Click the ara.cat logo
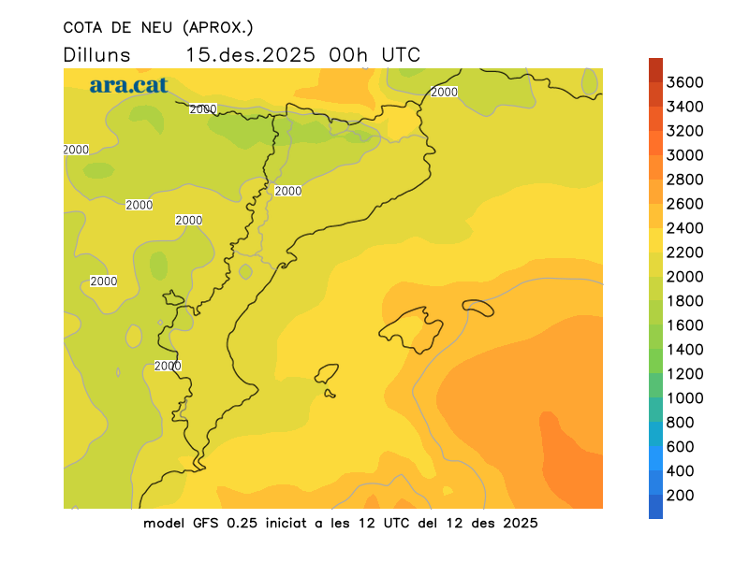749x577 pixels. coord(128,85)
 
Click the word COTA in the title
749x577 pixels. coord(85,26)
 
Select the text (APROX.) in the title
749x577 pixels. coord(218,26)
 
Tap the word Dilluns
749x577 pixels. coord(96,54)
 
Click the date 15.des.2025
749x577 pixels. coord(251,54)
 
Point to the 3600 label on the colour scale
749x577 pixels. coord(685,82)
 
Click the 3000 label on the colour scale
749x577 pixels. coord(685,155)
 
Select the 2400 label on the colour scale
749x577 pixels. coord(685,228)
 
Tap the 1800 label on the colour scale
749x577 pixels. coord(685,301)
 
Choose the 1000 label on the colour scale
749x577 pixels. coord(685,398)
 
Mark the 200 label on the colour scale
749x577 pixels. coord(681,496)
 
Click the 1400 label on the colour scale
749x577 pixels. coord(685,350)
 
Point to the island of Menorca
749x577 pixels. coord(477,308)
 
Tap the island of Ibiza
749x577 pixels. coord(327,374)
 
